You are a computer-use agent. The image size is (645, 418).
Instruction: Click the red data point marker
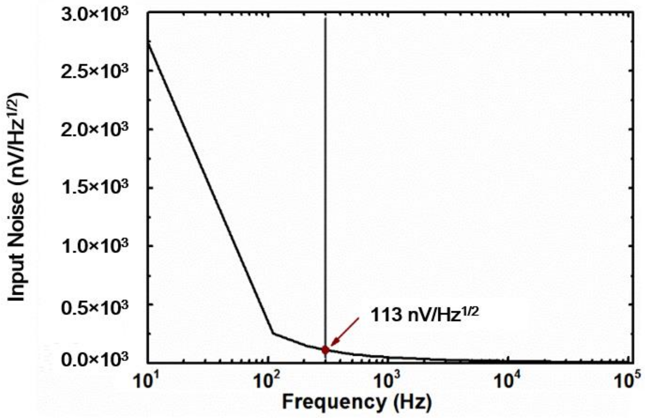[x=325, y=350]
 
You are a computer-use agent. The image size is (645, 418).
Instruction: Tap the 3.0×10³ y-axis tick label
[x=94, y=15]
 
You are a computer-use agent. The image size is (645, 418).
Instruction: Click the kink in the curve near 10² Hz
[x=272, y=333]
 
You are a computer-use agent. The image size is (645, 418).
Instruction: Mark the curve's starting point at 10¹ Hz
[x=148, y=42]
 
